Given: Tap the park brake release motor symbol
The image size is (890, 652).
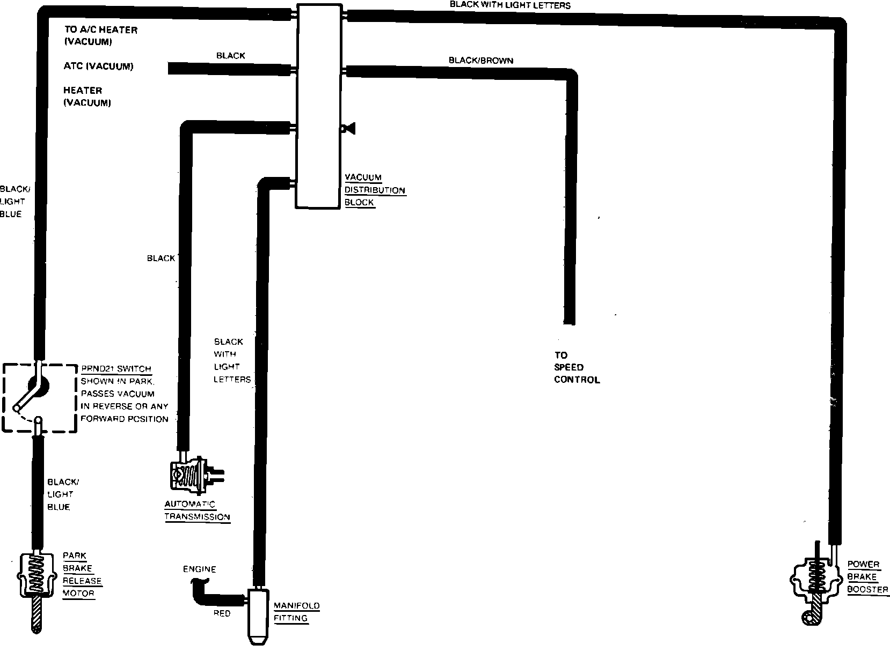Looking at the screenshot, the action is (x=35, y=576).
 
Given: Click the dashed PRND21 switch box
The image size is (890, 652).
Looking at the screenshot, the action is (x=39, y=397).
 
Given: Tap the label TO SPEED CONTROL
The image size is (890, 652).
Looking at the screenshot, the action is (x=576, y=367).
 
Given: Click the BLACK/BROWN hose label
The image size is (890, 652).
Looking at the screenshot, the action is (x=480, y=61).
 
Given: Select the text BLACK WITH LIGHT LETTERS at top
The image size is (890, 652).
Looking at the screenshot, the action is (x=509, y=5).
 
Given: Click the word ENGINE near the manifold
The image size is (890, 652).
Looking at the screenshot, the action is (x=199, y=569).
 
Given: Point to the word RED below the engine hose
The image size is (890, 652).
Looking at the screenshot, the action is (x=222, y=613).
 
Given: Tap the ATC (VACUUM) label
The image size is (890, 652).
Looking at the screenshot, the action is (x=98, y=66).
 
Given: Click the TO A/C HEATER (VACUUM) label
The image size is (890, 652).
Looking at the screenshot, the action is (x=100, y=35).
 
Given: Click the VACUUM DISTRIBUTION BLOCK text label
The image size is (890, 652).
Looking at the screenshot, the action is (x=374, y=190).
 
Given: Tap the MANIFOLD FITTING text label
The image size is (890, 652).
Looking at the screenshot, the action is (x=296, y=612).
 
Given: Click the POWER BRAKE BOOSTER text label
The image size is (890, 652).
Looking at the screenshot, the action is (x=867, y=577).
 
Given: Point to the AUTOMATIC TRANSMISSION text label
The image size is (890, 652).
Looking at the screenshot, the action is (x=197, y=510).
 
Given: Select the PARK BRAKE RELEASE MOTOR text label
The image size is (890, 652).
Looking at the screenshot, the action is (x=82, y=574).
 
